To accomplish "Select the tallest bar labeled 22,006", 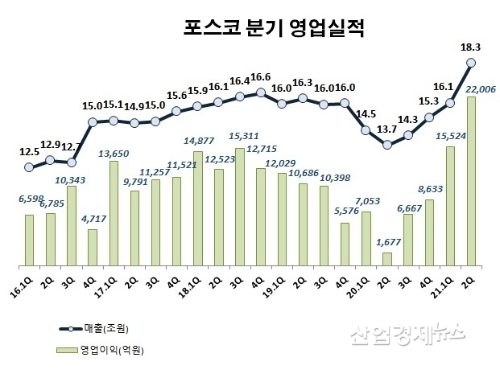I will [x=471, y=181].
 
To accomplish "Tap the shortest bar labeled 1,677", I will [x=387, y=259].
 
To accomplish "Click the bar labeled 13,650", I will [x=114, y=213].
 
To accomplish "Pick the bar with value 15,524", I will [x=450, y=206].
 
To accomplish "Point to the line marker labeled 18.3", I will [x=471, y=62].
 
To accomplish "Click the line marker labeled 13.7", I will [x=387, y=145].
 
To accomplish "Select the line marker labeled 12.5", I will [x=29, y=167].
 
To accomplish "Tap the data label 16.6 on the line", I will [x=259, y=77].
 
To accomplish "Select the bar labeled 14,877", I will [x=198, y=208].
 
